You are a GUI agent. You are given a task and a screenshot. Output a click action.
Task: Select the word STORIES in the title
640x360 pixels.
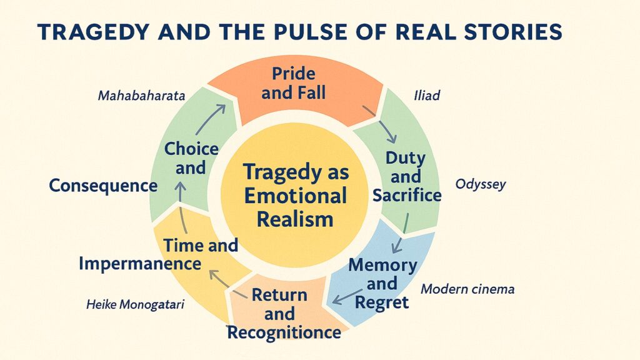coord(519,32)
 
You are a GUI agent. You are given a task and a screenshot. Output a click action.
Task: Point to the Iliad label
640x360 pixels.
coord(427,96)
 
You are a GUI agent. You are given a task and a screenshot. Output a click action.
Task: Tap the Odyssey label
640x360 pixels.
coord(480,184)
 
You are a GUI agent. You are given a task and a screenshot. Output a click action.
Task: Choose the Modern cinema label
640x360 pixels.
coord(467,289)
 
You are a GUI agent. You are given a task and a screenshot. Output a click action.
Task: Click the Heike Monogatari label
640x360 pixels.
coord(136,305)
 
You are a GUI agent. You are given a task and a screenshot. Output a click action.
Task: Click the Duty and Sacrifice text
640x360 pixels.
coord(406,176)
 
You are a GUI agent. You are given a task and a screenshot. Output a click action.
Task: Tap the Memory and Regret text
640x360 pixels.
coord(382,283)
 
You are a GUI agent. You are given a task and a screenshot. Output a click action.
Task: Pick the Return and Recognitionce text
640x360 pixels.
coord(284,314)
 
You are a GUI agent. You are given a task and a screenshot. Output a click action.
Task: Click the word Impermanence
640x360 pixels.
coord(140,263)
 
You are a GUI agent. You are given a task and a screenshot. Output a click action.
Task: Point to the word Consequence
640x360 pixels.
coord(103,186)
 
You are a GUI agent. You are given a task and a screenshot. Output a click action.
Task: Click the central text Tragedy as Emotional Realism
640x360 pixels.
coord(294,195)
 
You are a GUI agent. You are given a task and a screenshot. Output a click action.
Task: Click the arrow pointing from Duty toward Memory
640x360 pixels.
coord(400,232)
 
